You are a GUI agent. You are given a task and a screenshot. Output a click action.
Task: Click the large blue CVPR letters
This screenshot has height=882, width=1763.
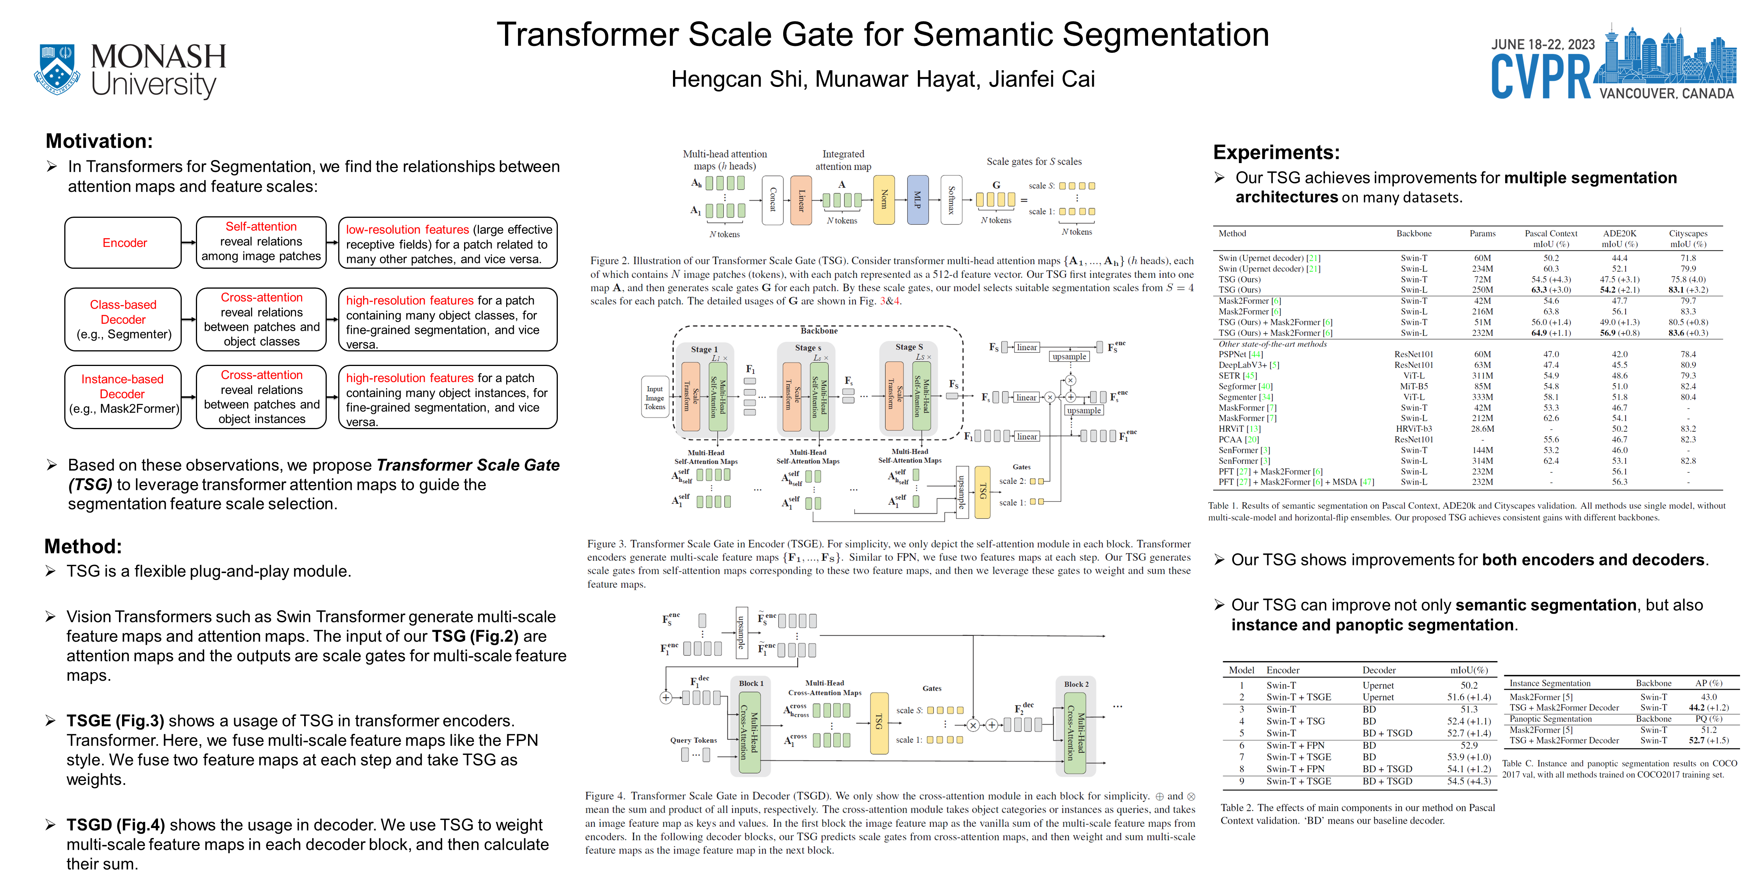(1541, 77)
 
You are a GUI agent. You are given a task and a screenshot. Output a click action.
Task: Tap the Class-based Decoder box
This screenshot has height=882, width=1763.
(123, 320)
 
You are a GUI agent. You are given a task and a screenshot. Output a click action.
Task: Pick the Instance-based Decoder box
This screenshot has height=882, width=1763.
(123, 397)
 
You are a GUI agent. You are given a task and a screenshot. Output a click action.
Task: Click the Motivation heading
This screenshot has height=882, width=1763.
(99, 141)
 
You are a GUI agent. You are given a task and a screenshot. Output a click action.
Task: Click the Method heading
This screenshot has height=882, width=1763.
(83, 546)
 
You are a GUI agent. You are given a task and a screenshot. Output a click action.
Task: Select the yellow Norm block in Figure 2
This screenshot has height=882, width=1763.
(883, 199)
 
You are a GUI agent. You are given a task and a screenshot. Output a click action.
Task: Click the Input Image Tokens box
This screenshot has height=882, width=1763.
(654, 398)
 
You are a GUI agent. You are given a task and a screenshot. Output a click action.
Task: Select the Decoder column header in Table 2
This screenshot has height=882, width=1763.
(1378, 670)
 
